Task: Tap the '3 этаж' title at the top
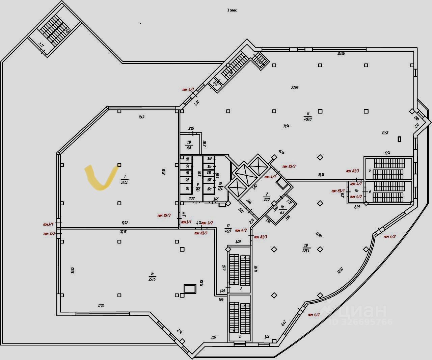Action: click(232, 10)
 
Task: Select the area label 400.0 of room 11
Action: click(307, 119)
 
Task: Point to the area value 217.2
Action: click(125, 182)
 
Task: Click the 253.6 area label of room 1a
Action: click(152, 279)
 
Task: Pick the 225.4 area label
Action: click(306, 250)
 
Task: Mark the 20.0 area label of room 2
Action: click(267, 199)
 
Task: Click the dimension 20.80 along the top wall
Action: click(341, 53)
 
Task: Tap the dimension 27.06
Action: click(295, 87)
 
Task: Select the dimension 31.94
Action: click(286, 126)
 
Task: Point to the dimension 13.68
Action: click(385, 133)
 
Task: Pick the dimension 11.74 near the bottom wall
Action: click(101, 306)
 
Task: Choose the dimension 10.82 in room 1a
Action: click(72, 270)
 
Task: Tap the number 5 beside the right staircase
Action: click(370, 170)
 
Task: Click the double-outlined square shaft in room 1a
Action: click(190, 289)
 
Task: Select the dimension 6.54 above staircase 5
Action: click(387, 153)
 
